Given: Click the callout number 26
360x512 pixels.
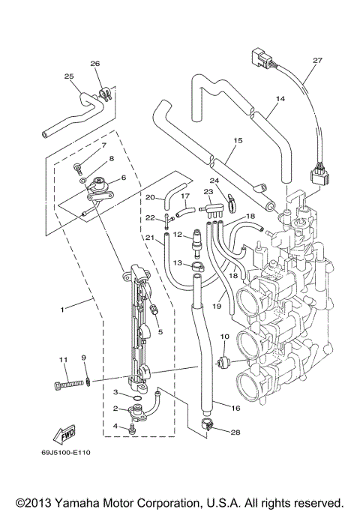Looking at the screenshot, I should [x=94, y=64].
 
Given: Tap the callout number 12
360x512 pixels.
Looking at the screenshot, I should [x=178, y=235].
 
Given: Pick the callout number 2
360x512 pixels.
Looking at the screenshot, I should [x=115, y=409].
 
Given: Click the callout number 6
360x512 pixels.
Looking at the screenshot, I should [x=123, y=177].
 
